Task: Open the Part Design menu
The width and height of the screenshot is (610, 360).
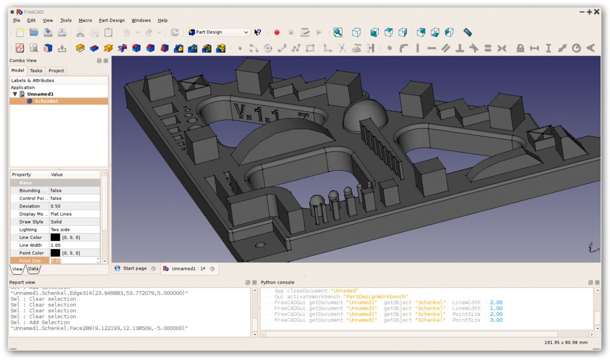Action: [111, 20]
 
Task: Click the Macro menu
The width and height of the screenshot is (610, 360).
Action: [85, 20]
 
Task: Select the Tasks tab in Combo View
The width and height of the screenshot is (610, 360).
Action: [36, 71]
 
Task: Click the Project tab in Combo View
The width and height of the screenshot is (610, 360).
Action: [57, 71]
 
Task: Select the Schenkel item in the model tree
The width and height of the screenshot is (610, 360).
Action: [46, 101]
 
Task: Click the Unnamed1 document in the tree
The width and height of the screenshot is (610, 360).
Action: [41, 94]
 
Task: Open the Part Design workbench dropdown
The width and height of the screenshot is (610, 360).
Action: [219, 32]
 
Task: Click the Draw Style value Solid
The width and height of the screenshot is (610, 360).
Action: [56, 222]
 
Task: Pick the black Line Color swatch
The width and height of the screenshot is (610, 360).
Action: [55, 237]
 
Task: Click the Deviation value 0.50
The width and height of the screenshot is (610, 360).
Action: [56, 206]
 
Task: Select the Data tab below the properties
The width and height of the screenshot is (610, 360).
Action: [33, 269]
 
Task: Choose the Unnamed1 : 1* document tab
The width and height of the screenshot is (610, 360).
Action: [188, 269]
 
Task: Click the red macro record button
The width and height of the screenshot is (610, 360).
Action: [276, 32]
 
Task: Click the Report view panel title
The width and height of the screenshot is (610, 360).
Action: [23, 283]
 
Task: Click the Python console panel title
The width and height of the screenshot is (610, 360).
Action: [278, 282]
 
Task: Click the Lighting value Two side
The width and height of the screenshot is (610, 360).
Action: [60, 229]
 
